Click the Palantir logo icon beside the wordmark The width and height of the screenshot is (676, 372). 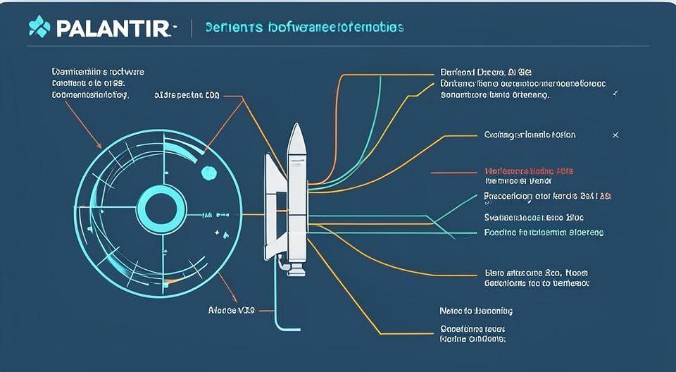tap(39, 28)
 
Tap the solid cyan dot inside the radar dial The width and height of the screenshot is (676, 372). tap(208, 172)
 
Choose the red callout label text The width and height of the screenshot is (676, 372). tap(529, 171)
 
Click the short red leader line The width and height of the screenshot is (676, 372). tap(452, 171)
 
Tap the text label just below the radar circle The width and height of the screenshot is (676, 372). tap(231, 309)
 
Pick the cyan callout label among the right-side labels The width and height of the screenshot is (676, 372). tap(544, 232)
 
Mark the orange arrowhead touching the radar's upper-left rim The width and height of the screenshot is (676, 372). tap(100, 146)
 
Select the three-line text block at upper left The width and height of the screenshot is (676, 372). tap(89, 82)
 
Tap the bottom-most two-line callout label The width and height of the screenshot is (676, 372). tap(472, 333)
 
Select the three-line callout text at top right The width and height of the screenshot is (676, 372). tap(522, 82)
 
